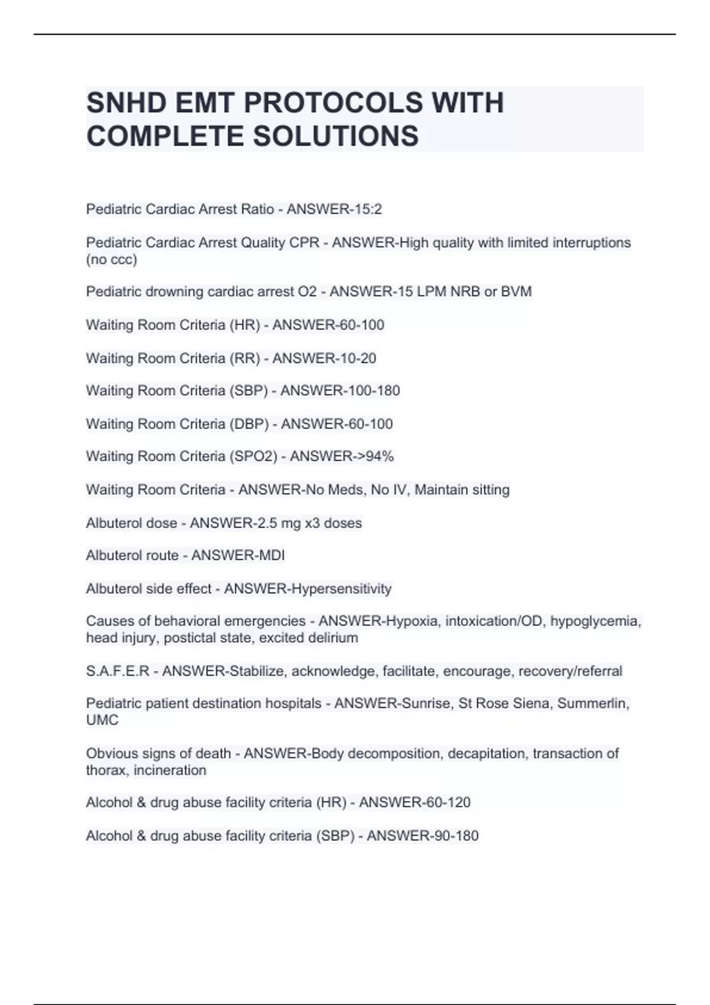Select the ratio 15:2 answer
point(368,209)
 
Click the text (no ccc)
point(111,260)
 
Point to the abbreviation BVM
point(517,291)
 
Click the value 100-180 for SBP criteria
point(370,391)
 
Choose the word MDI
point(271,556)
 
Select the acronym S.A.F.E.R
point(118,672)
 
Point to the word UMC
point(102,720)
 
